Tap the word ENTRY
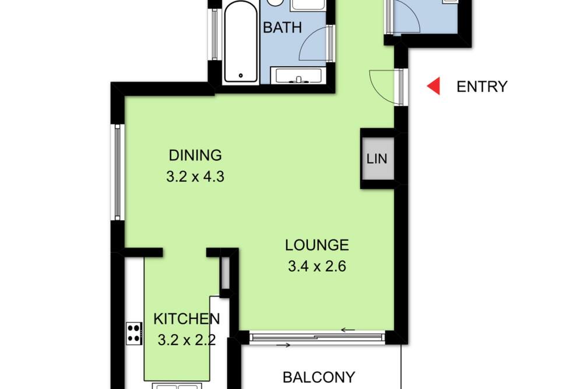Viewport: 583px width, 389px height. pos(482,87)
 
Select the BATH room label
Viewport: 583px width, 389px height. pos(282,27)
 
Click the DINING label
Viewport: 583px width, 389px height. pos(195,155)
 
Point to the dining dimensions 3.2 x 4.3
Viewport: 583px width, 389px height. pos(195,176)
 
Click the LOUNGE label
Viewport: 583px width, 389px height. pos(317,245)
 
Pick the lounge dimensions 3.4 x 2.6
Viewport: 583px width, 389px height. pos(317,266)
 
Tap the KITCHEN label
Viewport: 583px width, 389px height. pos(187,319)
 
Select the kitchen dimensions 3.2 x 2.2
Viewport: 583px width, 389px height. pos(187,340)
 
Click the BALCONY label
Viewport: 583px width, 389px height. pos(319,377)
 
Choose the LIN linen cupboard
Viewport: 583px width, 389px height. pos(377,159)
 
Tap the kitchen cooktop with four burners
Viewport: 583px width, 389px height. pos(134,333)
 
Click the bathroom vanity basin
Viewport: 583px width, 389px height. pos(298,76)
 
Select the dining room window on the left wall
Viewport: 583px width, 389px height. pos(118,172)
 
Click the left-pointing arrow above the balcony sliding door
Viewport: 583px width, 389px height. pos(348,330)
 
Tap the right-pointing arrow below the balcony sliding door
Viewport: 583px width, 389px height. pos(283,345)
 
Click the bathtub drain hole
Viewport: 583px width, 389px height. pos(241,76)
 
